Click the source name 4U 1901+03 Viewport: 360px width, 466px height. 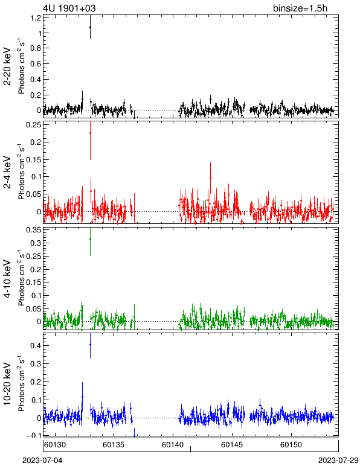[x=69, y=8]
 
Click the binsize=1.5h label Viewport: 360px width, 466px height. [x=300, y=8]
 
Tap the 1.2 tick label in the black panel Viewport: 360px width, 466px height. [x=36, y=18]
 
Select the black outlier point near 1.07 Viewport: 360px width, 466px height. [x=90, y=27]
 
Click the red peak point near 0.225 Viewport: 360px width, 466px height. [x=90, y=133]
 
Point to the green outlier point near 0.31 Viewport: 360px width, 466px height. [x=90, y=239]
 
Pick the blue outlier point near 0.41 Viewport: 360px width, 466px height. [x=90, y=344]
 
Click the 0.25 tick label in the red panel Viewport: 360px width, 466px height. [x=34, y=125]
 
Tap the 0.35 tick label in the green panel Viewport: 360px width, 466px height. [x=34, y=230]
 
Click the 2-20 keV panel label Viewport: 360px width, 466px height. [x=7, y=66]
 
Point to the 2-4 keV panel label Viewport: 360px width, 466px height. [x=7, y=173]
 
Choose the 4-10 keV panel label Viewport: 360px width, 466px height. [x=7, y=279]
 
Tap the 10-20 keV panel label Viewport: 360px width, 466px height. [x=7, y=384]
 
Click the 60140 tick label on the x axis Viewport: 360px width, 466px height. [x=173, y=445]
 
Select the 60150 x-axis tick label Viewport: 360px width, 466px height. [x=291, y=445]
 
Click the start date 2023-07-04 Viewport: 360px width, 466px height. [x=42, y=461]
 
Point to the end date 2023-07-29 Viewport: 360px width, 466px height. [x=338, y=461]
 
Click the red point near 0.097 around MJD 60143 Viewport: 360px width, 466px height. [x=210, y=177]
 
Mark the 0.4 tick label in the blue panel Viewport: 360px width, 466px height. [x=36, y=346]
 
